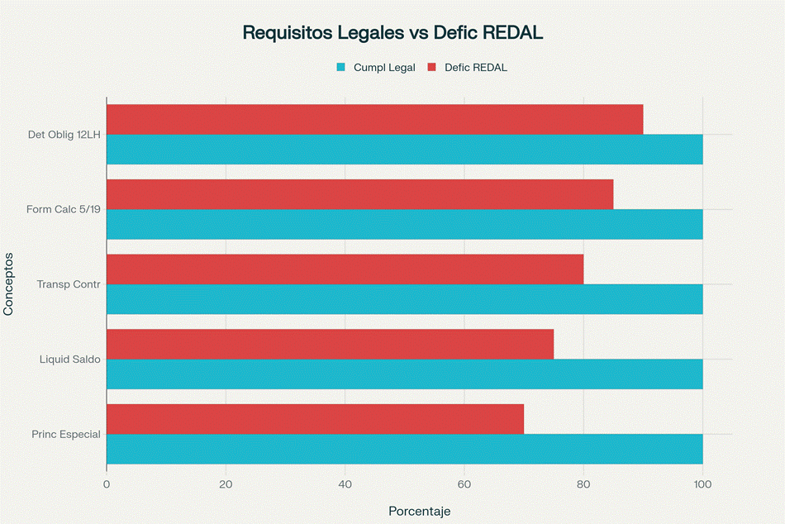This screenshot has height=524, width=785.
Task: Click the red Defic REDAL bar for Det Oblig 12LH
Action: point(374,120)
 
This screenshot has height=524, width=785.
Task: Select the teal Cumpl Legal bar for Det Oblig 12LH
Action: point(404,150)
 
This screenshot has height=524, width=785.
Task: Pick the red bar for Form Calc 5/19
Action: point(359,194)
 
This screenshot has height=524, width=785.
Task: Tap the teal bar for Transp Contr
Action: point(404,299)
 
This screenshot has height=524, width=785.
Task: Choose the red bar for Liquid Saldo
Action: point(330,344)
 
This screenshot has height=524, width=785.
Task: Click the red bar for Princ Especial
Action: point(315,419)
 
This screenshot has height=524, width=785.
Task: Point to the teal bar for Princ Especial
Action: point(404,449)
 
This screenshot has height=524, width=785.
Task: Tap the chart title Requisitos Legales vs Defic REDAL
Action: point(392,33)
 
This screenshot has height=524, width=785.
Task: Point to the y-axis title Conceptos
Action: point(9,284)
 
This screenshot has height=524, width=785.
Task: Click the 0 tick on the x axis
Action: point(107,484)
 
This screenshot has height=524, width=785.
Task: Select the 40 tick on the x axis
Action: point(345,484)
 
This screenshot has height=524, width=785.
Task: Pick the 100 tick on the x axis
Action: point(702,484)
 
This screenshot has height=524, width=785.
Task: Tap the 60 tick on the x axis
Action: point(464,484)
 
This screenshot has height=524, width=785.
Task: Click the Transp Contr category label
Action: point(69,284)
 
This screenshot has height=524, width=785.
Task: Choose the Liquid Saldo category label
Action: point(70,360)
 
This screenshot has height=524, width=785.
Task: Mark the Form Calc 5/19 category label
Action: point(64,210)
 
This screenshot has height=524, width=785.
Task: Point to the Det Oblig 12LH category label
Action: point(64,135)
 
